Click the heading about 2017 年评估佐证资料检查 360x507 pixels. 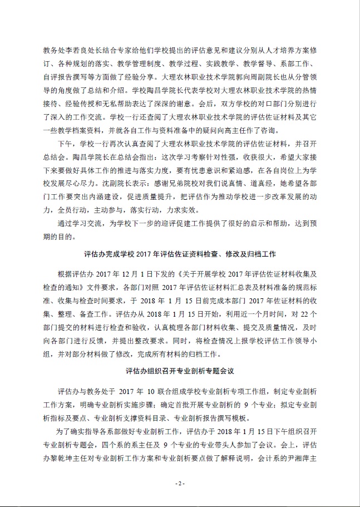[x=180, y=255]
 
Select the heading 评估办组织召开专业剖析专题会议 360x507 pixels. [x=179, y=369]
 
